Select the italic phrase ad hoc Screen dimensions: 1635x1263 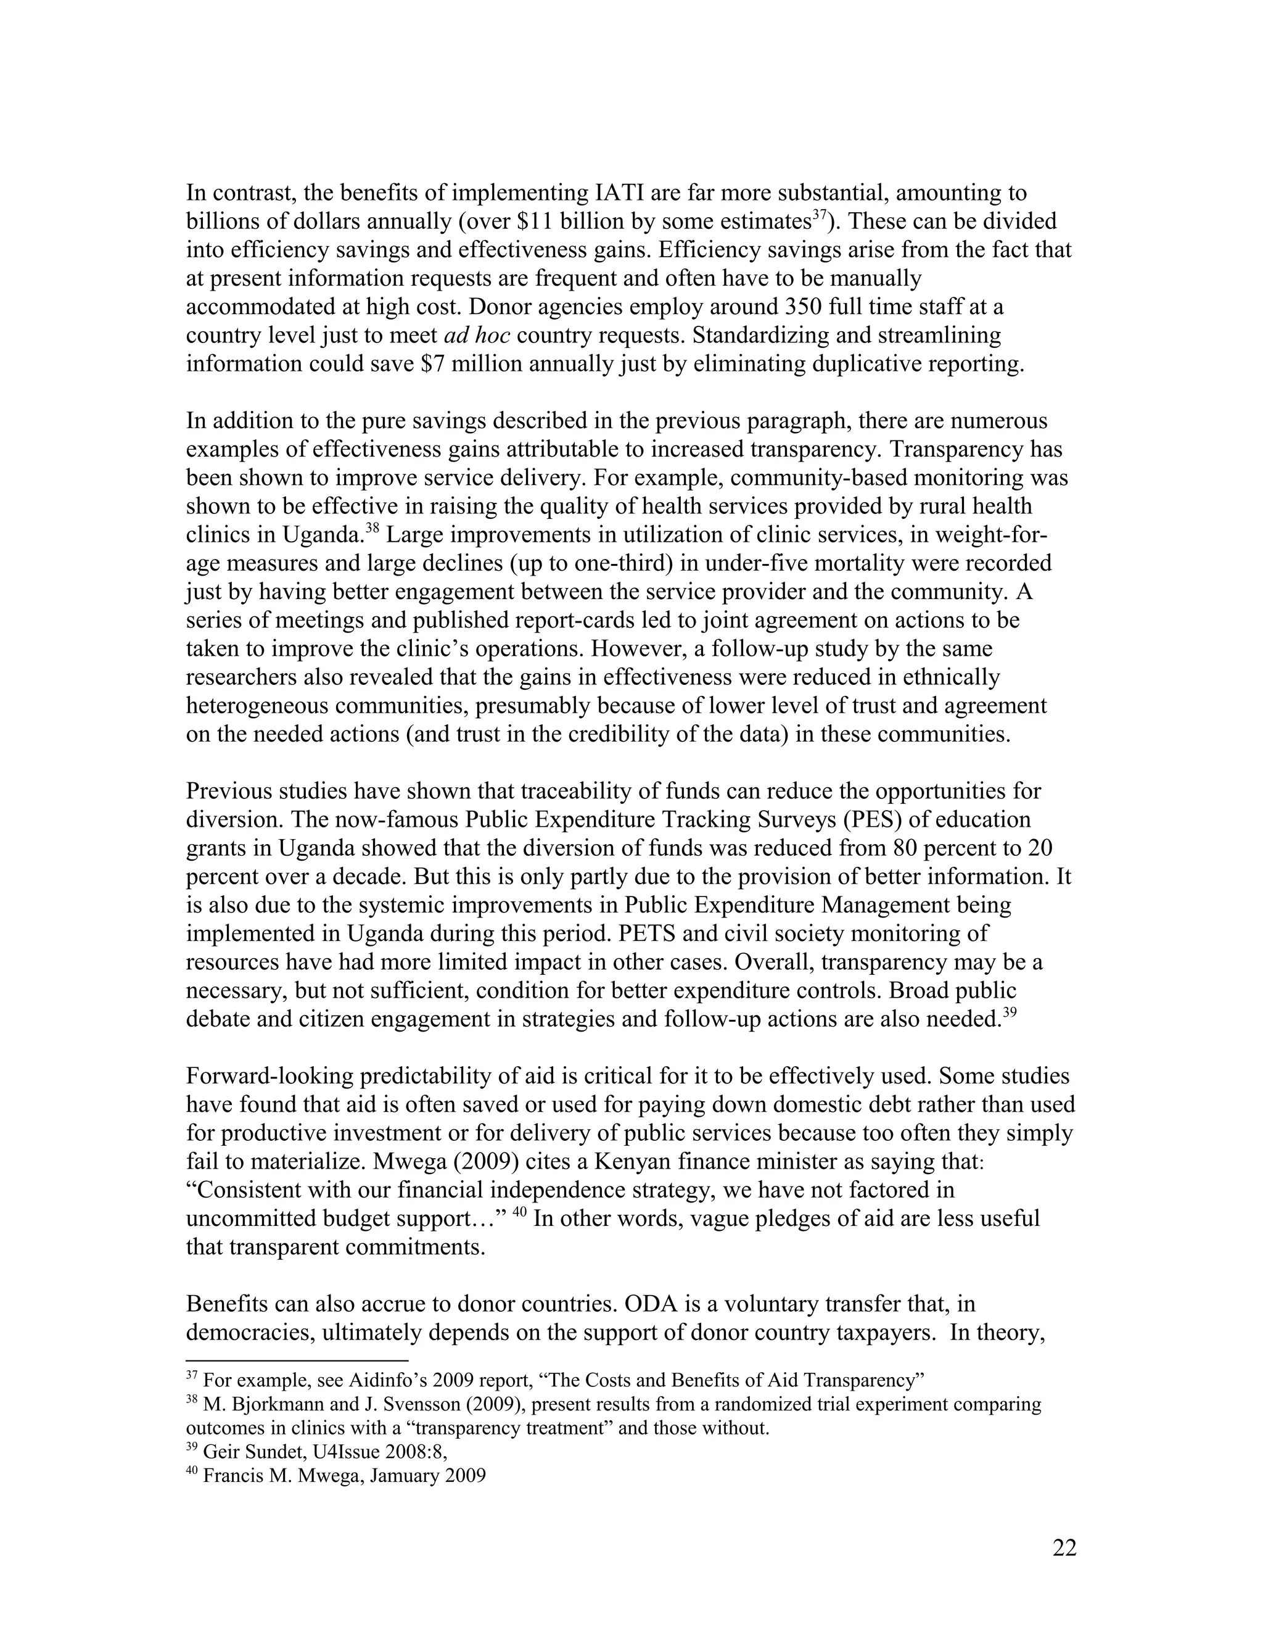[477, 336]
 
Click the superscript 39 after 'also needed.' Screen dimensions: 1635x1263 [1008, 1013]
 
